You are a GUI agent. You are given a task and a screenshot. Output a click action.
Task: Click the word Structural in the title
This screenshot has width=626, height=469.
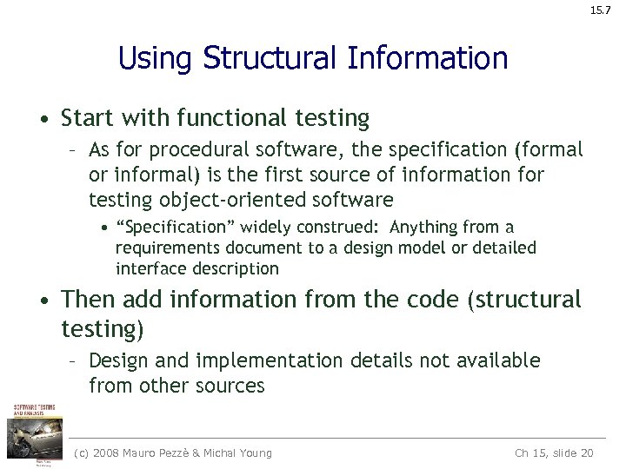pyautogui.click(x=269, y=58)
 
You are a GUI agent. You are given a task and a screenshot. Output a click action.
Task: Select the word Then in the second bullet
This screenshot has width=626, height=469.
pyautogui.click(x=89, y=301)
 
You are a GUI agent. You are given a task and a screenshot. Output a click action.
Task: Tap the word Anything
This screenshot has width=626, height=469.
pyautogui.click(x=426, y=228)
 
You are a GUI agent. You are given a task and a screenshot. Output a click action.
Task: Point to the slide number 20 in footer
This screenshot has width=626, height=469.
pyautogui.click(x=586, y=452)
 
